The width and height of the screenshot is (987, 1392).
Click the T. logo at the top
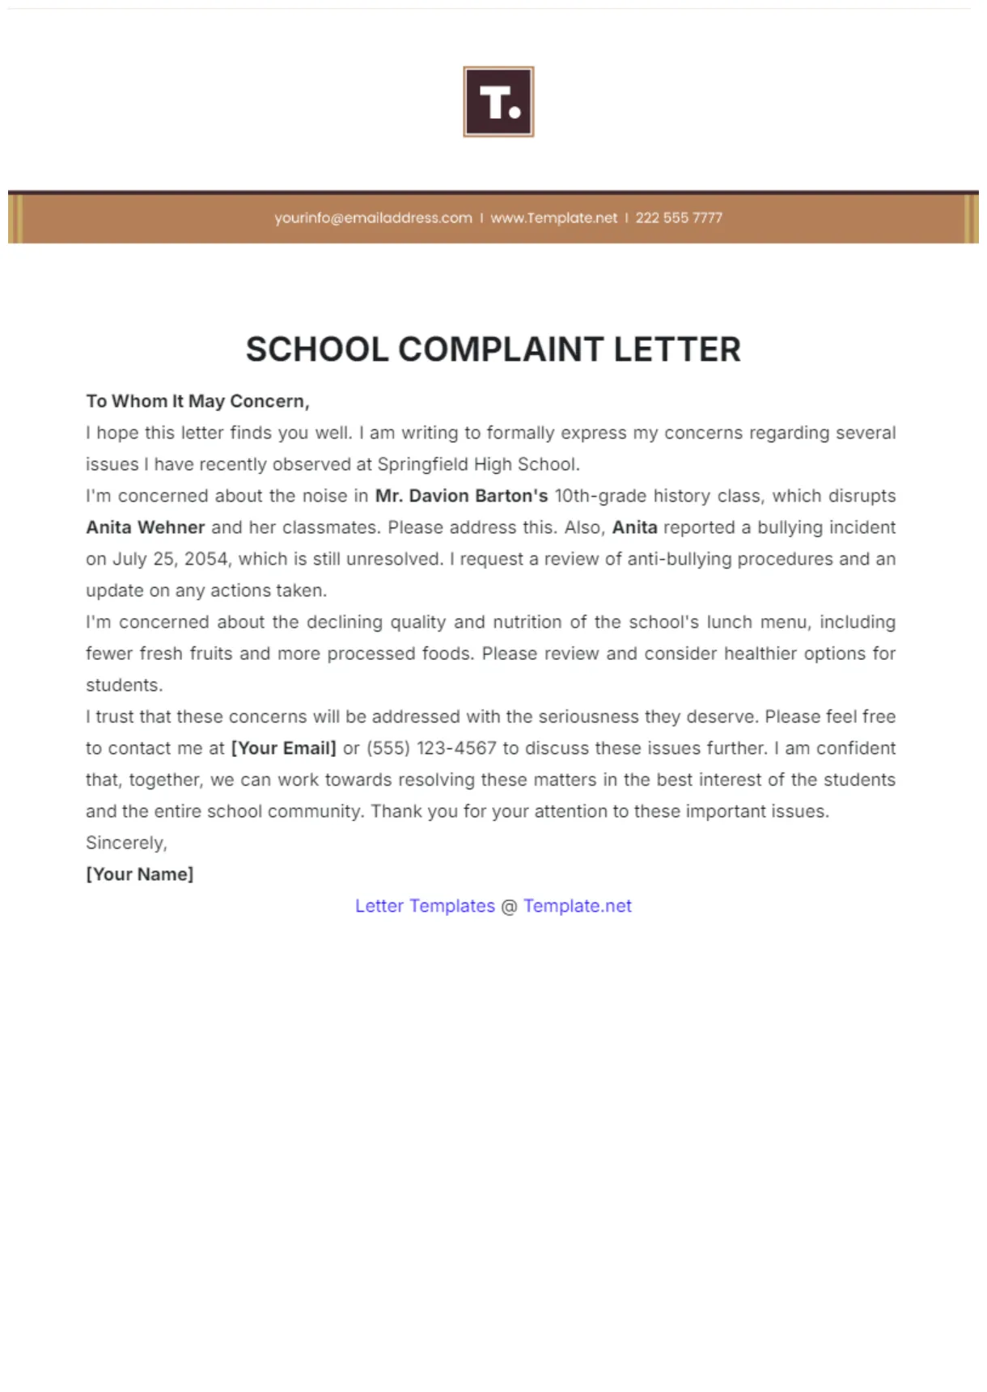[498, 102]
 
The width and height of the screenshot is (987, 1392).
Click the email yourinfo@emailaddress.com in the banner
[373, 218]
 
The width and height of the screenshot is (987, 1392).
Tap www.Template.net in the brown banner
[553, 218]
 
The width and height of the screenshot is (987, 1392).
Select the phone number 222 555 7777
[679, 218]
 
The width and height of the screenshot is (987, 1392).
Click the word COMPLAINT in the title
[501, 349]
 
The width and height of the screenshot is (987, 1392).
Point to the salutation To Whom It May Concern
[197, 401]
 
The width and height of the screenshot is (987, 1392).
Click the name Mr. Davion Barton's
[461, 496]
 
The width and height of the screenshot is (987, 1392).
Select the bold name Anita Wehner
[146, 527]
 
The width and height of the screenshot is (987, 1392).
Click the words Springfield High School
[477, 464]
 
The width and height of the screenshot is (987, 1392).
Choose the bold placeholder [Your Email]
[283, 748]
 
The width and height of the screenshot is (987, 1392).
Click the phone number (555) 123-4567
[431, 748]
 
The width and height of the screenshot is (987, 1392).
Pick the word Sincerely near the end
[126, 843]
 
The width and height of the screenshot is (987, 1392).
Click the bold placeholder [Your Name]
[140, 874]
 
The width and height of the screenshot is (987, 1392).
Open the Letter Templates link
[425, 906]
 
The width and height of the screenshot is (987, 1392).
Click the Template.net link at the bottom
[577, 906]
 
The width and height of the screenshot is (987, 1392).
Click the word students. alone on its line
[125, 685]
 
